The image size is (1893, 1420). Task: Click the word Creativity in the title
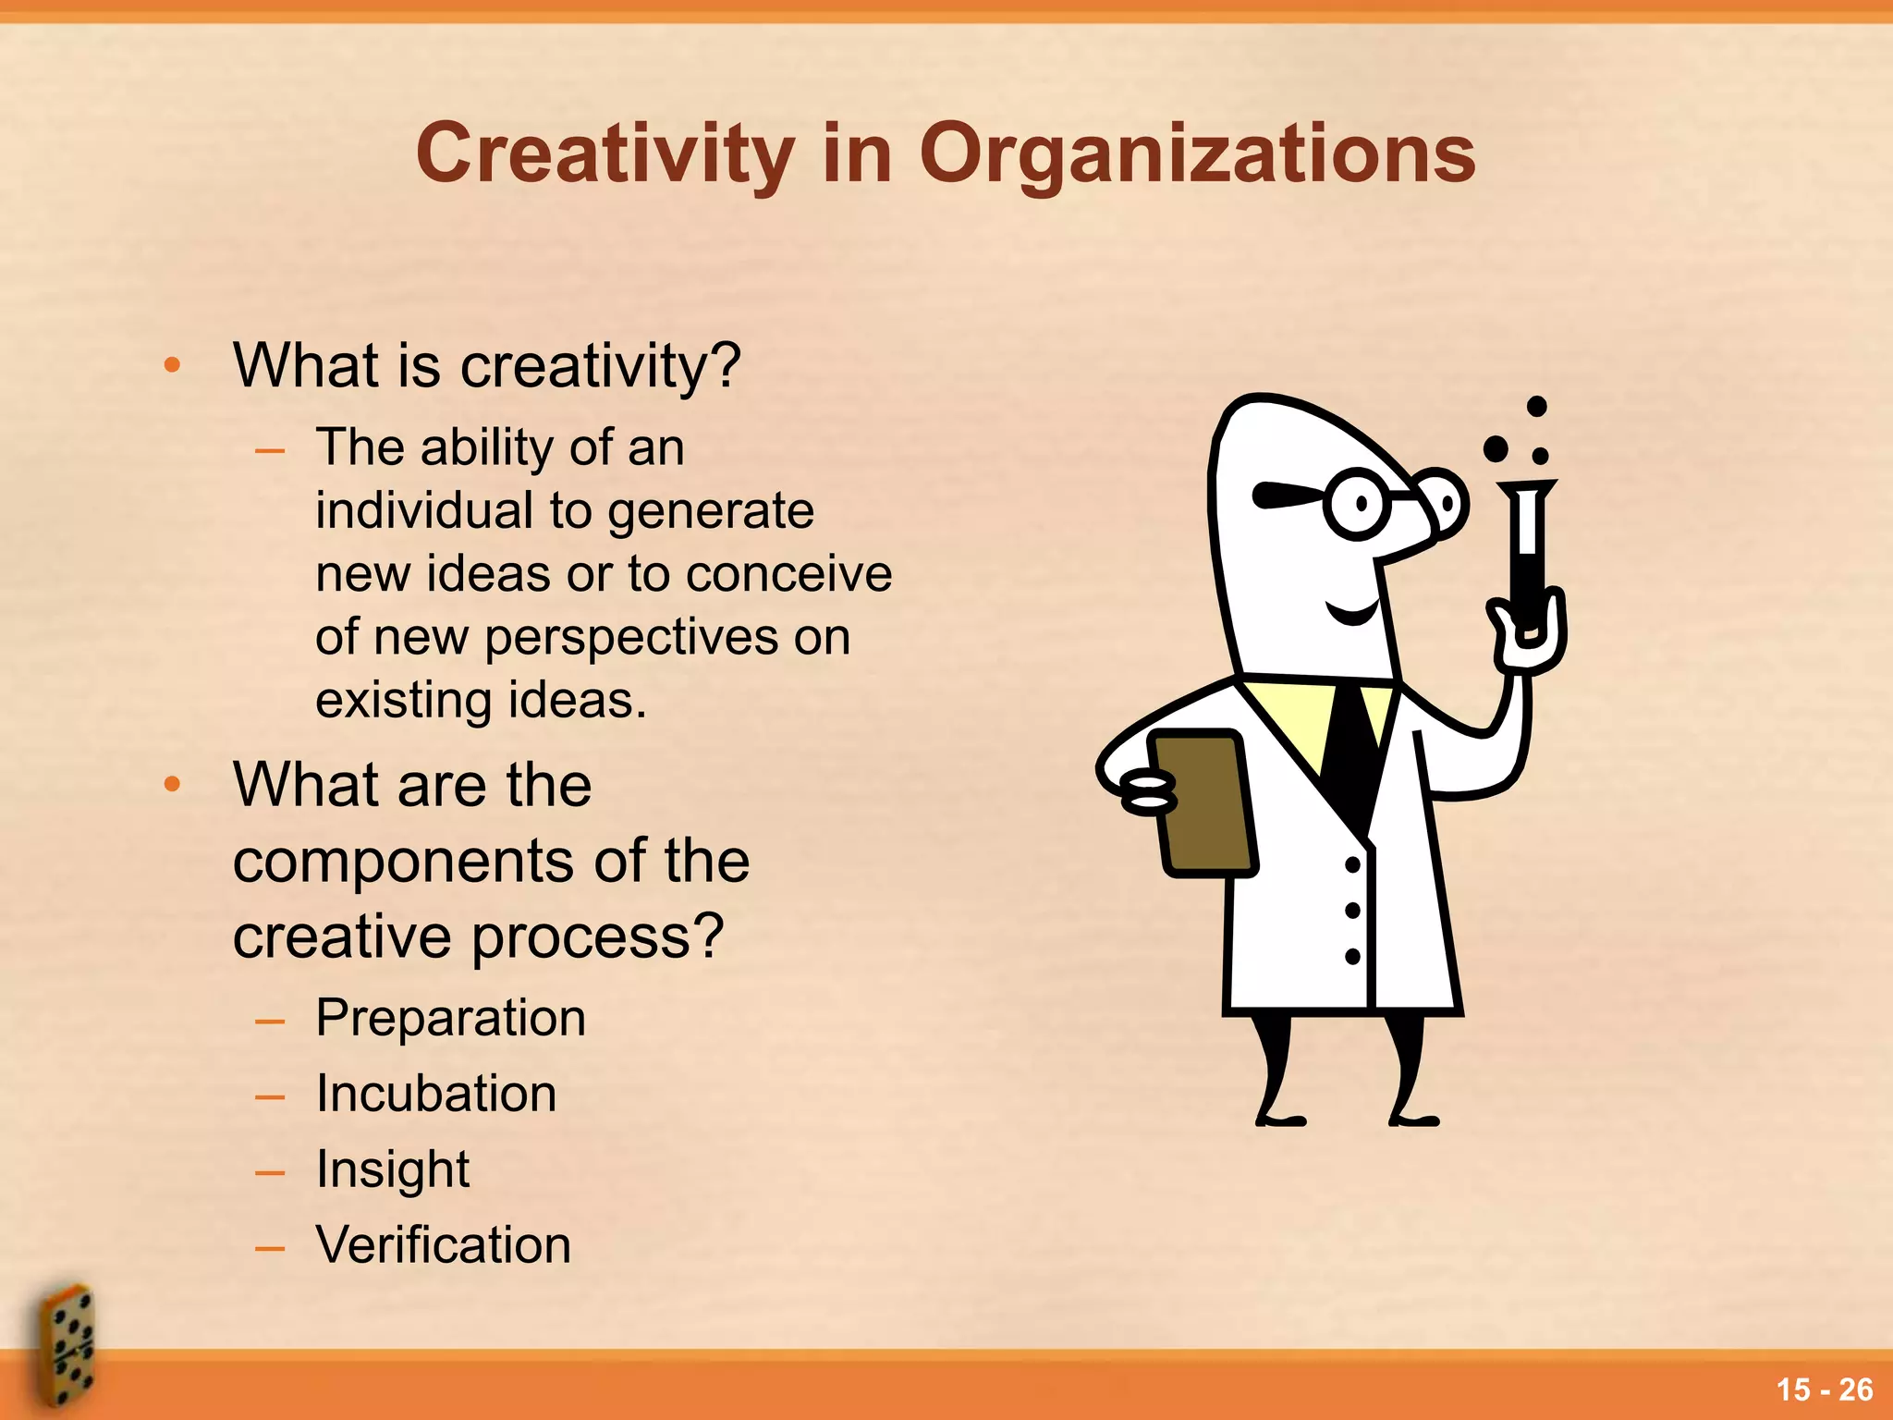(x=605, y=154)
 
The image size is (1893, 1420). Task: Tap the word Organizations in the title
(x=1197, y=154)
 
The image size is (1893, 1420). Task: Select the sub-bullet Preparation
(x=451, y=1018)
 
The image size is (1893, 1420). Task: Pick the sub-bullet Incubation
(x=436, y=1094)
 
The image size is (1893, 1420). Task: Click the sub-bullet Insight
(x=393, y=1169)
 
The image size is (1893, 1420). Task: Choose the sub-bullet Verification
(x=444, y=1244)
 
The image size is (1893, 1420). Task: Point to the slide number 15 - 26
(x=1824, y=1389)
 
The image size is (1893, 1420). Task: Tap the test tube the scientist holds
(x=1528, y=555)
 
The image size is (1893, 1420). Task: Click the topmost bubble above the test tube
(x=1536, y=407)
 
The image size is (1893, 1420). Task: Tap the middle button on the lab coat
(x=1352, y=911)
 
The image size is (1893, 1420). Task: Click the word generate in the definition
(x=711, y=511)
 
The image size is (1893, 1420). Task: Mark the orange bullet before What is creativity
(x=172, y=365)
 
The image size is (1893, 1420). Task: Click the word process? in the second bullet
(x=598, y=936)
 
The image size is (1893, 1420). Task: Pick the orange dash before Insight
(x=270, y=1173)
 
